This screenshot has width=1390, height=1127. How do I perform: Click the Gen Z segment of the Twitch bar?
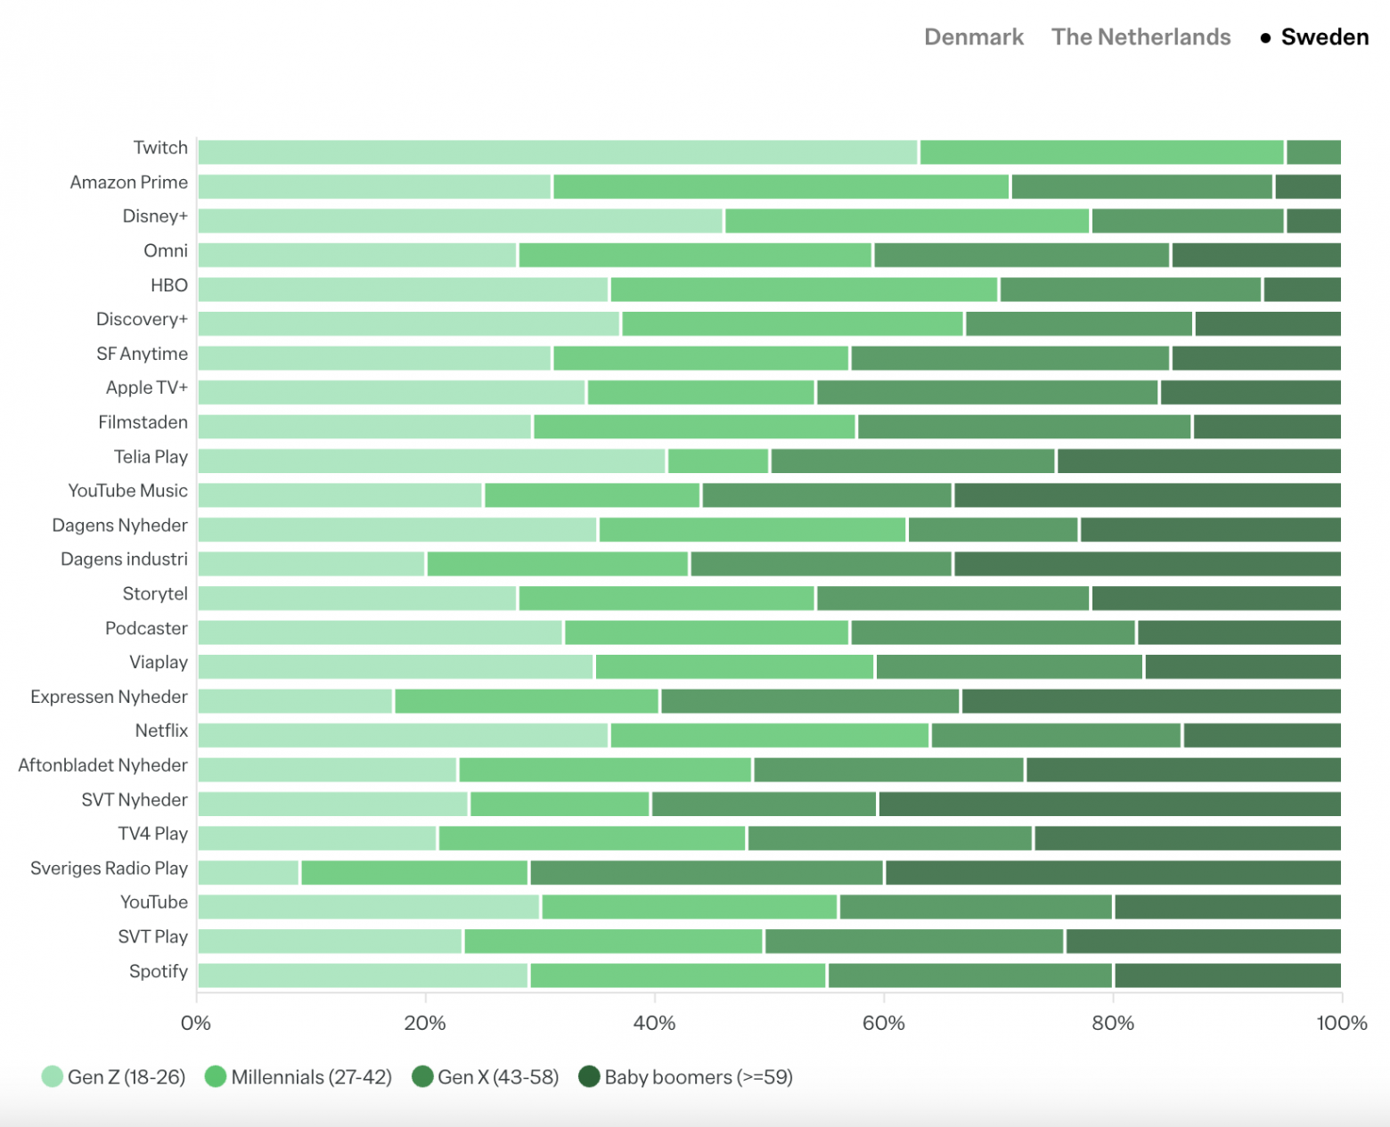click(x=558, y=152)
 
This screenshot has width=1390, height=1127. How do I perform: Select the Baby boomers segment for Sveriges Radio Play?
click(x=1113, y=873)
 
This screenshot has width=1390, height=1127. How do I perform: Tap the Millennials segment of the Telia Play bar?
click(x=718, y=461)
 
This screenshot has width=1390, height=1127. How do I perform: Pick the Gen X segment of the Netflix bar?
click(x=1056, y=736)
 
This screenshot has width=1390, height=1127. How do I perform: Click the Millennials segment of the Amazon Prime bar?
click(x=781, y=187)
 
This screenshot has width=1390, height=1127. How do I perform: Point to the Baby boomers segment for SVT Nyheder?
click(x=1109, y=804)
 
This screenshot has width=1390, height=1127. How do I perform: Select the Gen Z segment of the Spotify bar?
click(x=364, y=976)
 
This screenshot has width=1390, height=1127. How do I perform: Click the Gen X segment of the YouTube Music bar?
click(x=827, y=495)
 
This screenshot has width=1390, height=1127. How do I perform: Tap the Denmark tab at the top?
click(x=974, y=37)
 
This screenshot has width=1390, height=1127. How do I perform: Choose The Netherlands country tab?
click(x=1141, y=37)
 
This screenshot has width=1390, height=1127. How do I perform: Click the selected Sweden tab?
click(x=1324, y=37)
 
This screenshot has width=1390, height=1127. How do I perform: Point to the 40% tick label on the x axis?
click(x=654, y=1023)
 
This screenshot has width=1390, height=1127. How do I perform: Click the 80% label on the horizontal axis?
click(x=1113, y=1023)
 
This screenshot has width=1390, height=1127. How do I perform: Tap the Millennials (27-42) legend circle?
click(x=216, y=1077)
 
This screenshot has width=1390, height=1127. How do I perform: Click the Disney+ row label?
click(x=155, y=216)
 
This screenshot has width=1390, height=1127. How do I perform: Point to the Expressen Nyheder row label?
click(x=109, y=697)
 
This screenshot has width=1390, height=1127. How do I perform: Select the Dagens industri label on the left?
click(x=124, y=559)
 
